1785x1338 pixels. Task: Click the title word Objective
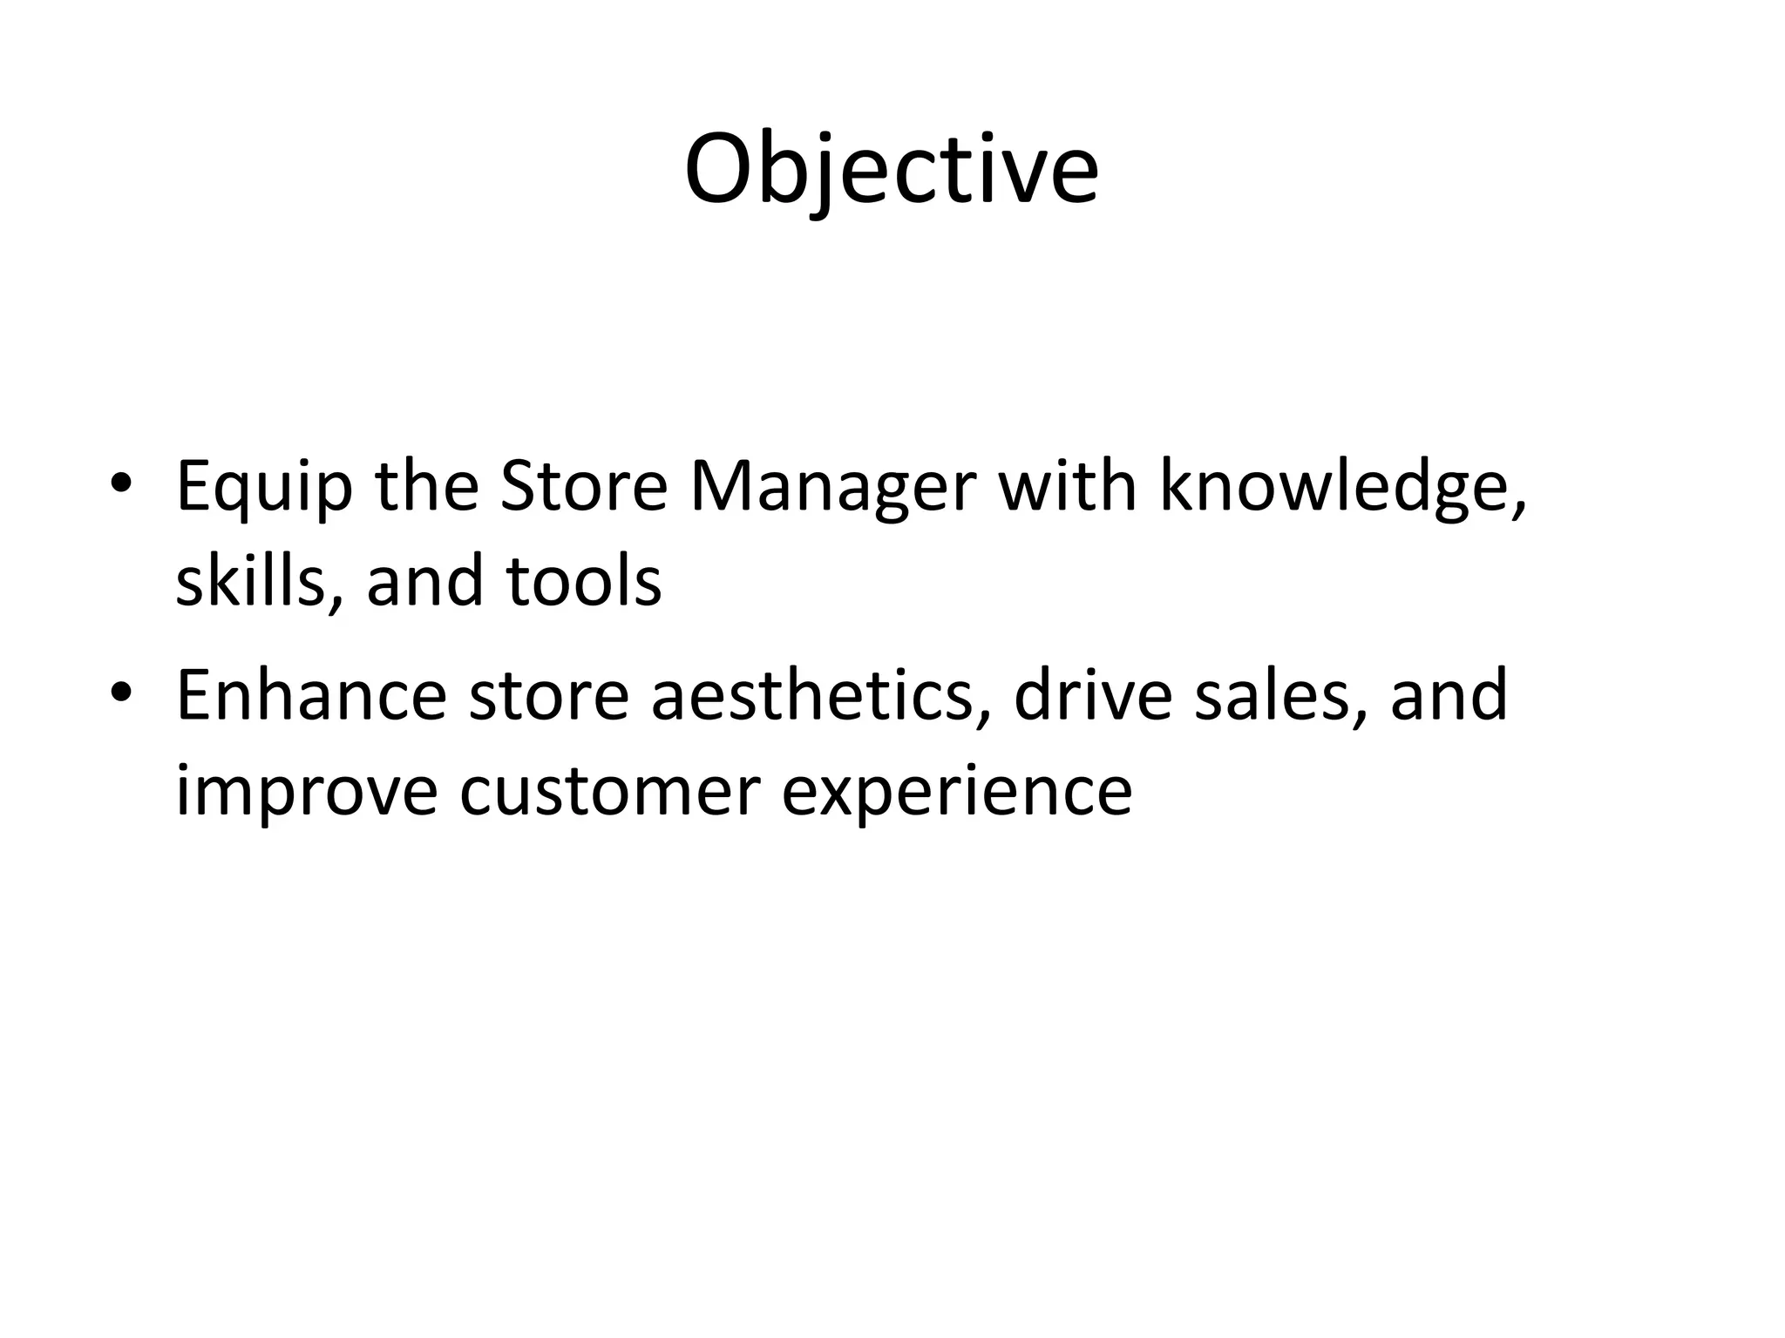[x=891, y=170]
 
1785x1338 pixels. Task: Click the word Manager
[x=832, y=489]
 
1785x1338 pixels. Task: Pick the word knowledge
[x=1342, y=489]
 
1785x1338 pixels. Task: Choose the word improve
[x=306, y=793]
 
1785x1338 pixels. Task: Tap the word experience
[x=956, y=793]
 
